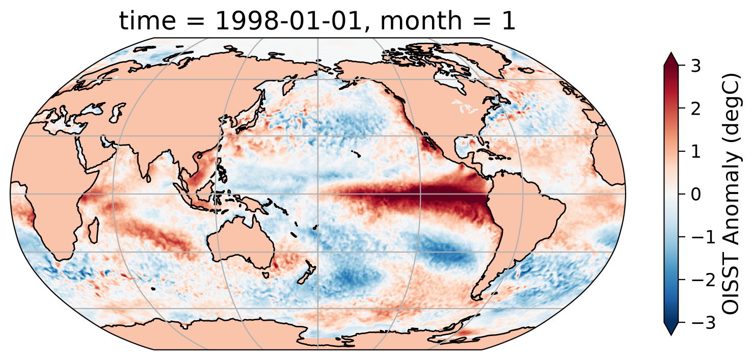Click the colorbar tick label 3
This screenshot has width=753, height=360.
[695, 66]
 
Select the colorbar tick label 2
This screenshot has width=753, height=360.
[695, 109]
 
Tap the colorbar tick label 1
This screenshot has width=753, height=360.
[695, 151]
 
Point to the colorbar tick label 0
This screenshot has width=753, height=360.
[695, 194]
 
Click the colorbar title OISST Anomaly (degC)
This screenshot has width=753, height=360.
[732, 194]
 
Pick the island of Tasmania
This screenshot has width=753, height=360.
[265, 275]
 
